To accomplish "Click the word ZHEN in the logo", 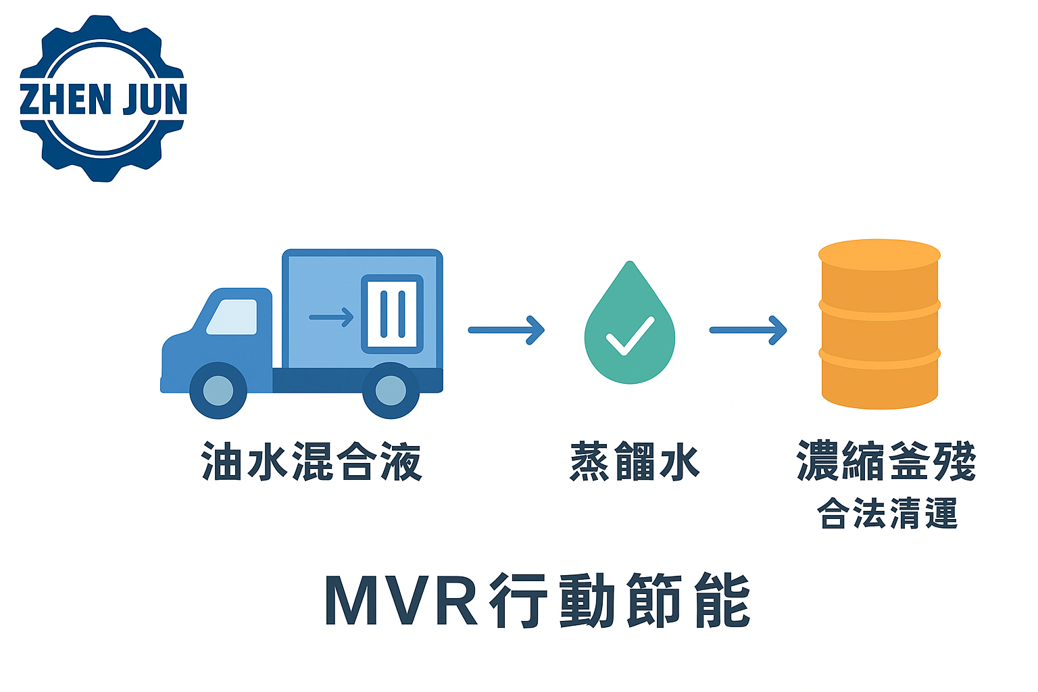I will click(x=65, y=99).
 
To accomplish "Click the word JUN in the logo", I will click(x=154, y=99).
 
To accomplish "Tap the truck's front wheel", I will click(x=218, y=390).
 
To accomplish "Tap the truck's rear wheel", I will click(x=391, y=390).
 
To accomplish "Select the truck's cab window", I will click(x=232, y=317).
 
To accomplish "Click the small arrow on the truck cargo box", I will click(x=331, y=317).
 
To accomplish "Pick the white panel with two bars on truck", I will click(x=392, y=314).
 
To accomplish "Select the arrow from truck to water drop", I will click(x=506, y=330).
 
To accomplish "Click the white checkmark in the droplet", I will click(x=630, y=336).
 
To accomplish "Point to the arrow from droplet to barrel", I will click(x=748, y=330).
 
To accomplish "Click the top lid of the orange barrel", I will click(x=879, y=255).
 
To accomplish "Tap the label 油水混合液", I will click(x=312, y=462).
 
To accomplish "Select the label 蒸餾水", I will click(x=635, y=462).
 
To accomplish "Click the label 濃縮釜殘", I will click(x=887, y=461).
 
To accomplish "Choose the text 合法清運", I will click(x=887, y=513).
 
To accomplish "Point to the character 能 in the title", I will click(x=722, y=600).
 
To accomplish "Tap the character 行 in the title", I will click(x=518, y=600).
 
